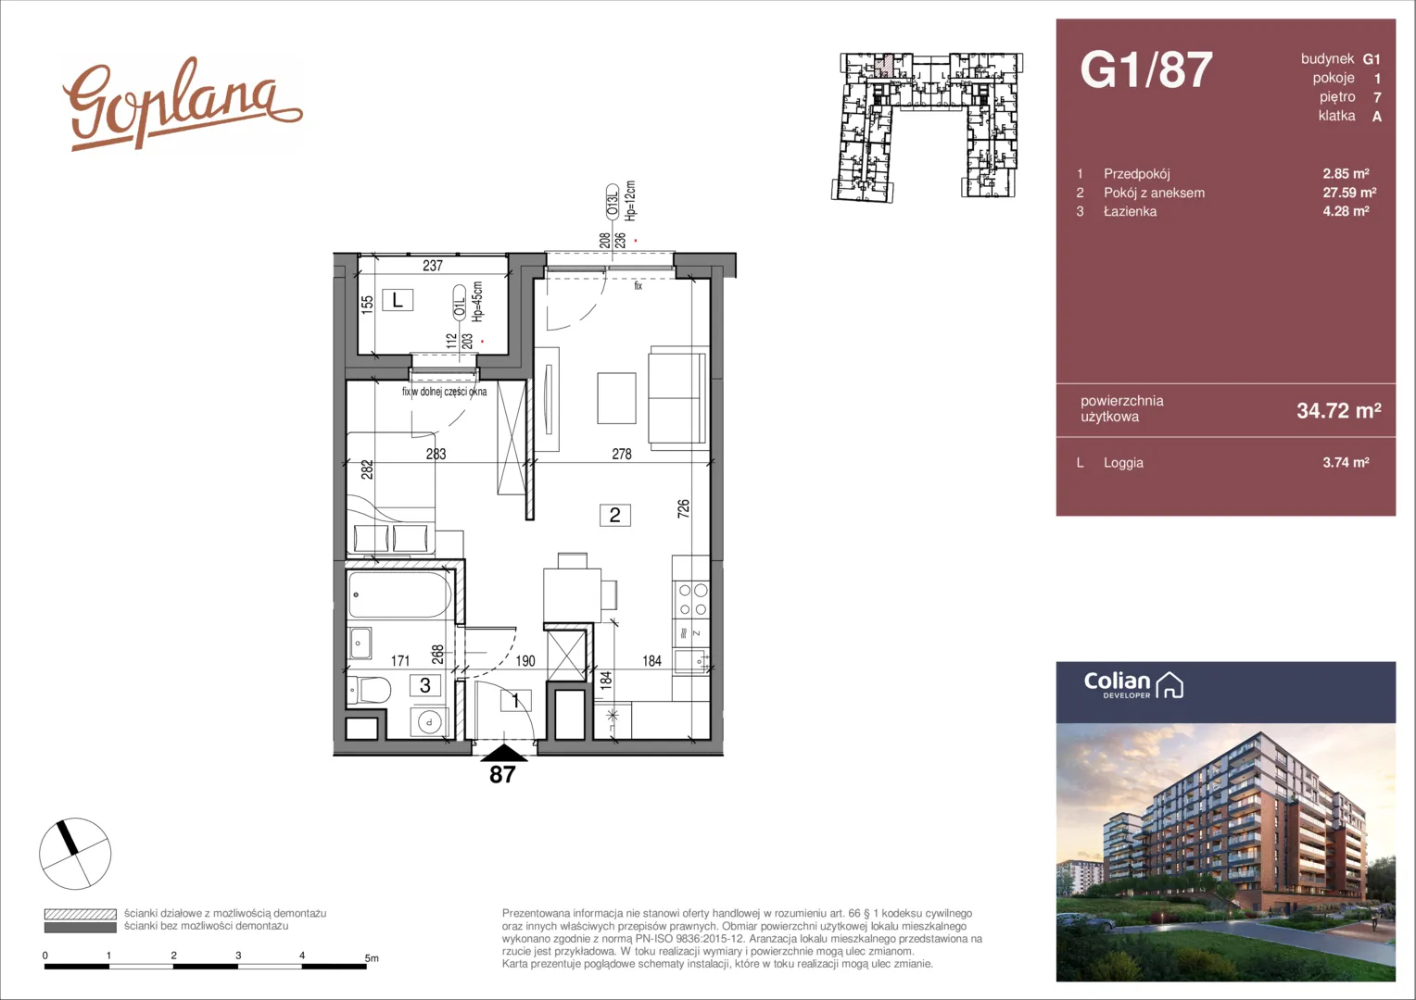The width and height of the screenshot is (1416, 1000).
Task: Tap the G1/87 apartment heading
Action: point(1146,69)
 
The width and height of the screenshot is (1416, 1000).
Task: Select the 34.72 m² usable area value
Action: point(1339,410)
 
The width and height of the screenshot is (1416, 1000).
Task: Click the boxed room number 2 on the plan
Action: point(614,515)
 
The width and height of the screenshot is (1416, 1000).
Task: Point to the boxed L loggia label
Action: point(397,299)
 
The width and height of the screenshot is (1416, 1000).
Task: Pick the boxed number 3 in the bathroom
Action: point(424,685)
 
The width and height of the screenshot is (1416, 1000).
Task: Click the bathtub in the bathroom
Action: point(399,594)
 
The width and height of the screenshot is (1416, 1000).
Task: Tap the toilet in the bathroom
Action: point(369,691)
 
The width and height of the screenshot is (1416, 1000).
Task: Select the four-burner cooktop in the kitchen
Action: point(692,600)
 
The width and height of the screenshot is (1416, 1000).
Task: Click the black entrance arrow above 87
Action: point(504,753)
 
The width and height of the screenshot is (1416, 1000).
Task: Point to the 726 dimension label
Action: point(683,508)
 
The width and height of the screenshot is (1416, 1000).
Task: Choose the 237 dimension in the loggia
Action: point(433,266)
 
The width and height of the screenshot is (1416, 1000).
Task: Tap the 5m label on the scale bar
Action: point(372,958)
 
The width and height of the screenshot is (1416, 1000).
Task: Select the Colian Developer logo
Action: point(1133,685)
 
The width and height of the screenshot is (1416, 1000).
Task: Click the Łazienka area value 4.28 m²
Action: point(1346,211)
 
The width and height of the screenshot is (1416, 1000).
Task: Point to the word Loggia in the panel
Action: point(1123,462)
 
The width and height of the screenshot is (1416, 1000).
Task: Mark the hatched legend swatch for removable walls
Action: point(81,914)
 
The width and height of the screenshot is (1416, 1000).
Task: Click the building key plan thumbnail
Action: point(927,127)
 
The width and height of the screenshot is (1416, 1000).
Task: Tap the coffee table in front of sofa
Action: point(616,398)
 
